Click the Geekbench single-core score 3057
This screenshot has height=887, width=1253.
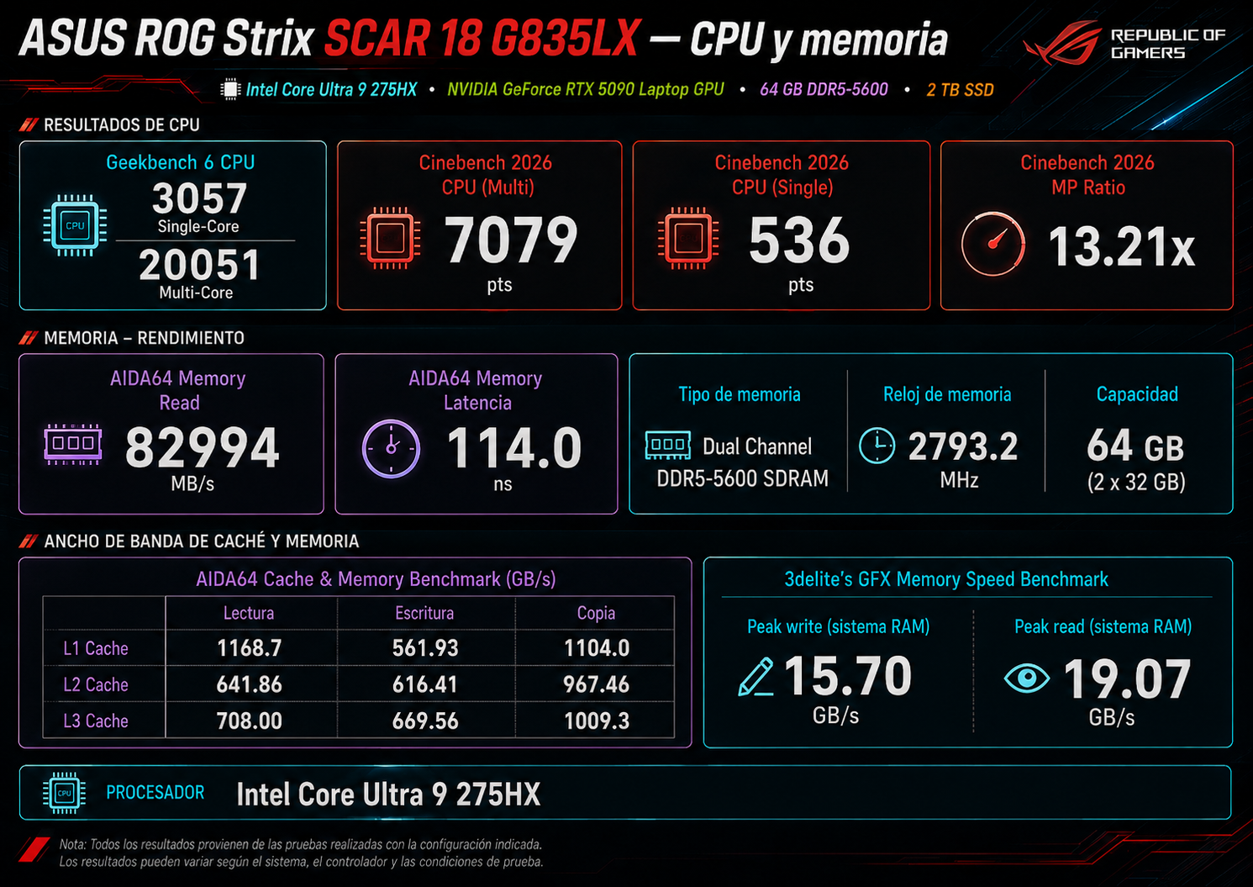click(199, 198)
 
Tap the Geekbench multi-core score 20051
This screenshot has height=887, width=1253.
click(199, 264)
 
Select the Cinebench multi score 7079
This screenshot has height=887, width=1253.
click(511, 240)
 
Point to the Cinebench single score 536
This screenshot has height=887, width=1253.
click(799, 240)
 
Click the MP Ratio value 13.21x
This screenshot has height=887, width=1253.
click(1122, 246)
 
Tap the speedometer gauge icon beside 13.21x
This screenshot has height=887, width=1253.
click(992, 244)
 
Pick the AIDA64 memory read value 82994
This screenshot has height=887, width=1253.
click(202, 446)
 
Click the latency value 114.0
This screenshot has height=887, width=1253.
click(514, 446)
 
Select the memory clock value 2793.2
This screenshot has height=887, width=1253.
click(963, 446)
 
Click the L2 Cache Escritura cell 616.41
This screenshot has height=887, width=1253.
click(425, 684)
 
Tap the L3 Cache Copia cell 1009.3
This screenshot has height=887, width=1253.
click(597, 721)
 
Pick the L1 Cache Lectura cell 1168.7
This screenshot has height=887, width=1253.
click(249, 647)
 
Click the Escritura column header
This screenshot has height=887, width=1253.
click(424, 613)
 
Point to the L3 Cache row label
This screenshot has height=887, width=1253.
click(96, 721)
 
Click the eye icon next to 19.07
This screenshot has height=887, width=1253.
click(1027, 678)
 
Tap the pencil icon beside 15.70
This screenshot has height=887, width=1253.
click(755, 677)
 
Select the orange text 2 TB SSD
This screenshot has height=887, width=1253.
click(960, 89)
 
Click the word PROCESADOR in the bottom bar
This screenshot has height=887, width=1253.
click(155, 792)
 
